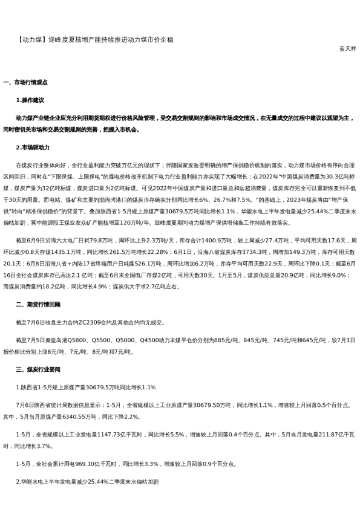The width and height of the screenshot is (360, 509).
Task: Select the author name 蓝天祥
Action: coord(347,48)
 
